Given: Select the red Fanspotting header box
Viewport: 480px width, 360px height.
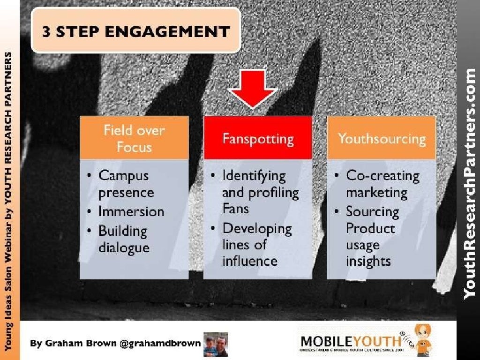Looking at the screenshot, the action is coord(258,138).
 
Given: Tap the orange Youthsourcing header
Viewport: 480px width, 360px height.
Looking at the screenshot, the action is coord(382,138).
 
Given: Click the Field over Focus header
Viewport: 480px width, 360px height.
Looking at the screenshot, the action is coord(134,138).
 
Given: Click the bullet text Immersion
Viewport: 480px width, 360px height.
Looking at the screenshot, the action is coord(131,211).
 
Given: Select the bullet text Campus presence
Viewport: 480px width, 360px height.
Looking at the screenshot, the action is coord(126,184).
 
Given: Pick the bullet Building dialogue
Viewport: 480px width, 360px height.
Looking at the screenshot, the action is coord(124,239).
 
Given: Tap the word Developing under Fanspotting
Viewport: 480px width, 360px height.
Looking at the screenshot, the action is coord(257,229).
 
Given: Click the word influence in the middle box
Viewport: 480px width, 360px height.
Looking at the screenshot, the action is coord(250,261).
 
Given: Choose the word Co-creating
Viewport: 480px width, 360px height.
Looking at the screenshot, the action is coord(382,176).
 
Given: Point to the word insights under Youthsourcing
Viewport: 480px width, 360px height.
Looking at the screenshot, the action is coord(368,262).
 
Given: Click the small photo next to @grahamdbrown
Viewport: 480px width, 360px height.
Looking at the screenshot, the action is coord(216,344).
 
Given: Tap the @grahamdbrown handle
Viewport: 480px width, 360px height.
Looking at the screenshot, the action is coord(160,343).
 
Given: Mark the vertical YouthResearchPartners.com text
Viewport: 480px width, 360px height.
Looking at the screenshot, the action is coord(469,184).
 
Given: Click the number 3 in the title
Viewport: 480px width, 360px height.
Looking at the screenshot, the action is coord(46,31).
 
